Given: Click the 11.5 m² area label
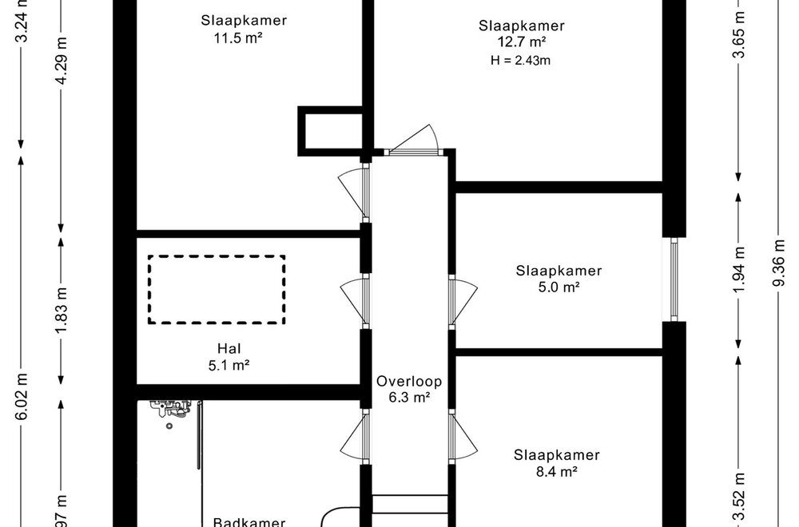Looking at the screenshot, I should tap(244, 37).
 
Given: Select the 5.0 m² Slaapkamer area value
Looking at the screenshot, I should tap(559, 287).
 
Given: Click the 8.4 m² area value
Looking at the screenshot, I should tap(557, 472).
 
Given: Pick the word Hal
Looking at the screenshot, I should tap(229, 348).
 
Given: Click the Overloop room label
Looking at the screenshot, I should tap(409, 381).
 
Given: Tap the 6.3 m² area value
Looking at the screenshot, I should tap(409, 397).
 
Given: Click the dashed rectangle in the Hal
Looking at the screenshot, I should tap(217, 289).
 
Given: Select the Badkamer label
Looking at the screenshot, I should tap(249, 522).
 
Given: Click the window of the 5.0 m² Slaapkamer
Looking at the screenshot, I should tap(674, 279).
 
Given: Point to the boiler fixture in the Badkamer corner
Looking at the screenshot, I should tap(173, 410).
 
